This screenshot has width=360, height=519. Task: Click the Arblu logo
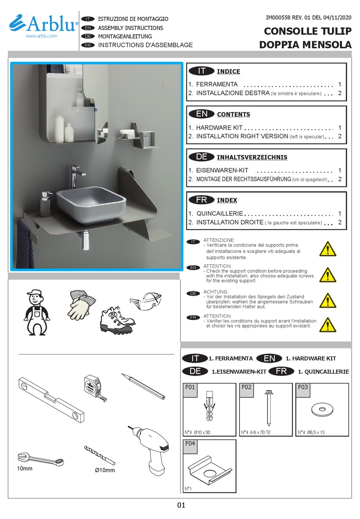(x=43, y=24)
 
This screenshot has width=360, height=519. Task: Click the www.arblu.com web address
(x=41, y=36)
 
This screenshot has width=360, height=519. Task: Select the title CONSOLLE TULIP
(x=307, y=31)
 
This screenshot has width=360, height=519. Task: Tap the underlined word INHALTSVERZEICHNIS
(x=252, y=157)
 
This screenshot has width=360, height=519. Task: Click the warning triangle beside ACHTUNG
(x=327, y=300)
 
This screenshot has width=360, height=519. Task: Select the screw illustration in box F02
(x=268, y=408)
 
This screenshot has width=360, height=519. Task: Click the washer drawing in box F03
(x=322, y=409)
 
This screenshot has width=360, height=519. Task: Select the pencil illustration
(x=143, y=386)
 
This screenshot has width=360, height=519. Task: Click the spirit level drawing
(x=51, y=399)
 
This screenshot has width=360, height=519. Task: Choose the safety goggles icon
(x=146, y=301)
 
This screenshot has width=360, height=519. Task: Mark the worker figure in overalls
(x=36, y=313)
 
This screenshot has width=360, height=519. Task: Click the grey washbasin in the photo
(x=91, y=204)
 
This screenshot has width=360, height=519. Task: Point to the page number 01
(x=181, y=505)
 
